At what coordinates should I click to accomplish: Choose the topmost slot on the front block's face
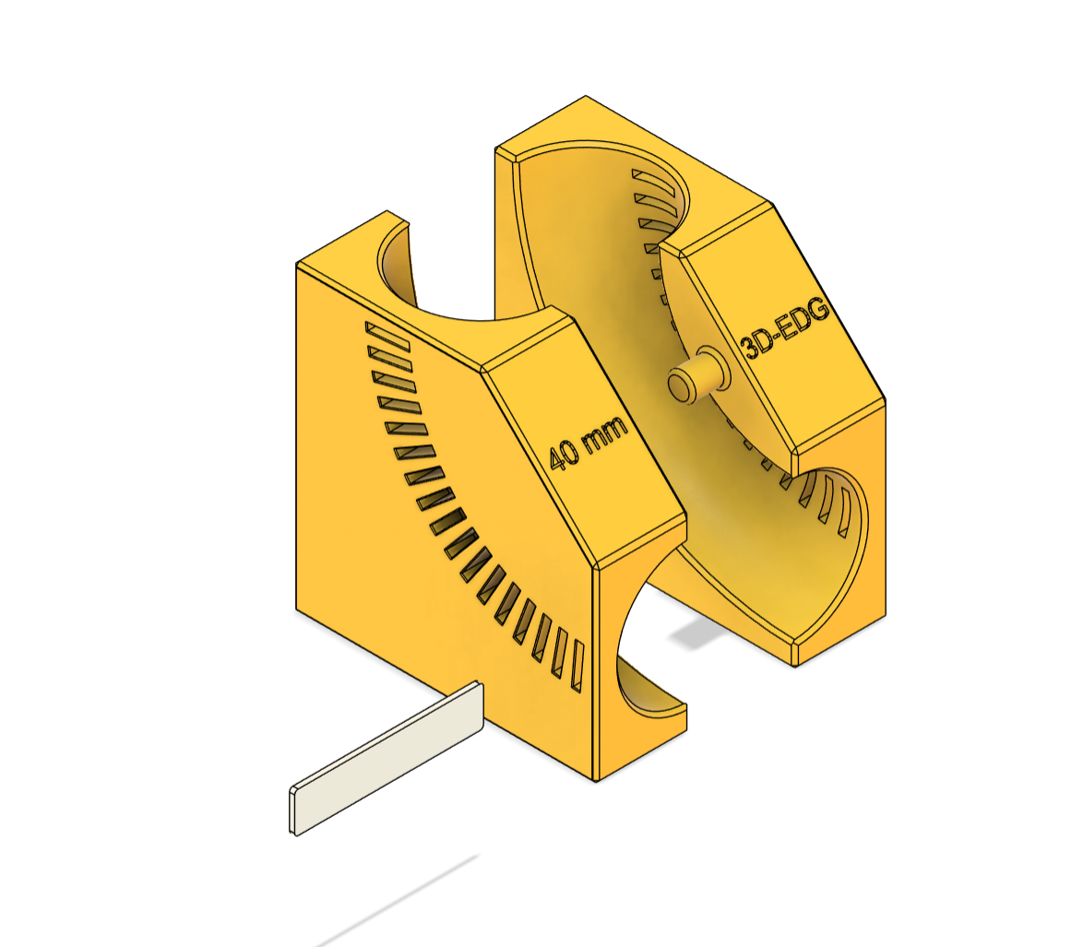tap(387, 336)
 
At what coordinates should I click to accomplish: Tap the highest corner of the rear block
tap(585, 96)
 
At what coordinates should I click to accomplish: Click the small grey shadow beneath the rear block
tap(699, 633)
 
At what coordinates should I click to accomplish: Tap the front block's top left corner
tap(297, 264)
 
